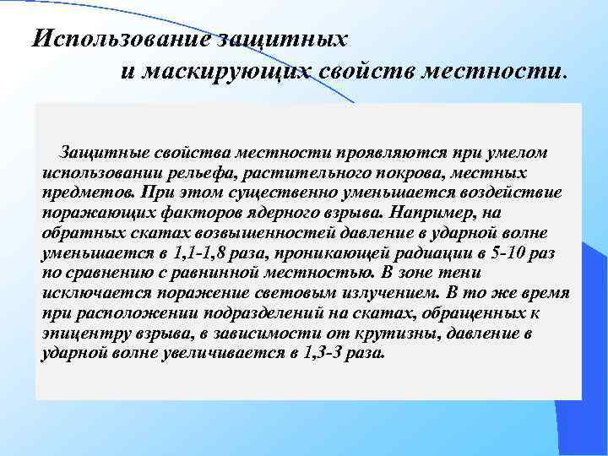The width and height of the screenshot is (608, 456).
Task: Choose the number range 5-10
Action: pos(498,252)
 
